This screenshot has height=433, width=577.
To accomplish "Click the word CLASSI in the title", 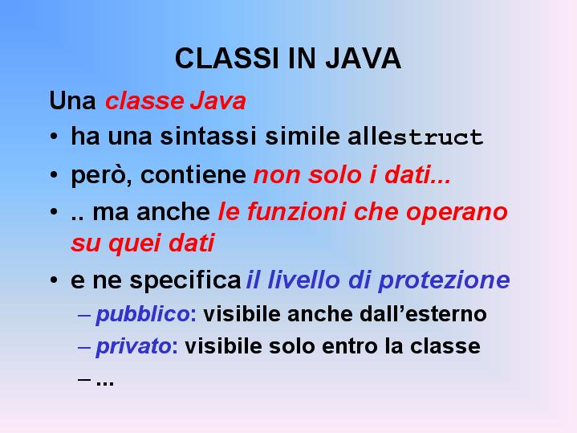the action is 226,58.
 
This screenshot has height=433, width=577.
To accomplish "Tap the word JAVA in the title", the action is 364,58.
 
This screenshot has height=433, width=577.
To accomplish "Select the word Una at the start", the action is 72,100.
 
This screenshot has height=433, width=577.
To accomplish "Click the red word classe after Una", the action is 144,101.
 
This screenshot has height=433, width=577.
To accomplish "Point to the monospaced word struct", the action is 438,137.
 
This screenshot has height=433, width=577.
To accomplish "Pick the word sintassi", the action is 208,136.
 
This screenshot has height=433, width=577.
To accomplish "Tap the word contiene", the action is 193,174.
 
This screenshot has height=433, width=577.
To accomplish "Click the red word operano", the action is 457,213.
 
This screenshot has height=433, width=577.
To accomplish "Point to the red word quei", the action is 135,243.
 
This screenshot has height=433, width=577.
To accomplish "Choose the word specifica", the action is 185,280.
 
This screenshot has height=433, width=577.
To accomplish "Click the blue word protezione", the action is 444,280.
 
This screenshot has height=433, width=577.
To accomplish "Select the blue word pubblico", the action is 143,315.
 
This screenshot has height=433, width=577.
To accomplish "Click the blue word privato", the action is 133,347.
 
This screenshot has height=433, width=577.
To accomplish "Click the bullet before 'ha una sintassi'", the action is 54,137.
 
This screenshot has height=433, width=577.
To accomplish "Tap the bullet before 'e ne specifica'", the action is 54,280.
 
